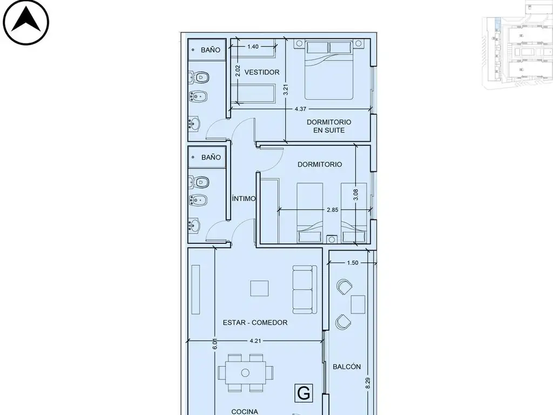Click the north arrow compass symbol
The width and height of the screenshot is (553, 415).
[x=26, y=22]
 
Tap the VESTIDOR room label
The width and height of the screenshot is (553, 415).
[x=262, y=72]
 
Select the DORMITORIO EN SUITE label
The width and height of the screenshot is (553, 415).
[x=329, y=126]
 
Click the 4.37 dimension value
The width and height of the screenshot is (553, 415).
[x=300, y=109]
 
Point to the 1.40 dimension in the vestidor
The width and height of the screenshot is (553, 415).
[x=253, y=46]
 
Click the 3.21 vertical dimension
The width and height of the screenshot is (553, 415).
[x=286, y=89]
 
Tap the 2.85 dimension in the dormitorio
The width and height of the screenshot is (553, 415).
[x=332, y=210]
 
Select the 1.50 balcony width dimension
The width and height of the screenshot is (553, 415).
[x=352, y=263]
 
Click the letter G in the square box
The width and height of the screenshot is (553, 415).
[x=304, y=392]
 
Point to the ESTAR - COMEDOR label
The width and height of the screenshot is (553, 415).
[x=255, y=322]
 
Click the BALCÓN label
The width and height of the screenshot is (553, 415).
[x=347, y=367]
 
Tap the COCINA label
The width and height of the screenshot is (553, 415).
[x=245, y=411]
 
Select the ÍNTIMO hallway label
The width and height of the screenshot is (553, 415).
[x=244, y=198]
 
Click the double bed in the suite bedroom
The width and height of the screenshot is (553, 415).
[x=329, y=70]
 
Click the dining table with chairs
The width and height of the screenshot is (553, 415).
[x=245, y=373]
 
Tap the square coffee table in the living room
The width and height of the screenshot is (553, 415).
[x=259, y=289]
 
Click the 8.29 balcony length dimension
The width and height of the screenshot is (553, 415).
[x=368, y=383]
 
